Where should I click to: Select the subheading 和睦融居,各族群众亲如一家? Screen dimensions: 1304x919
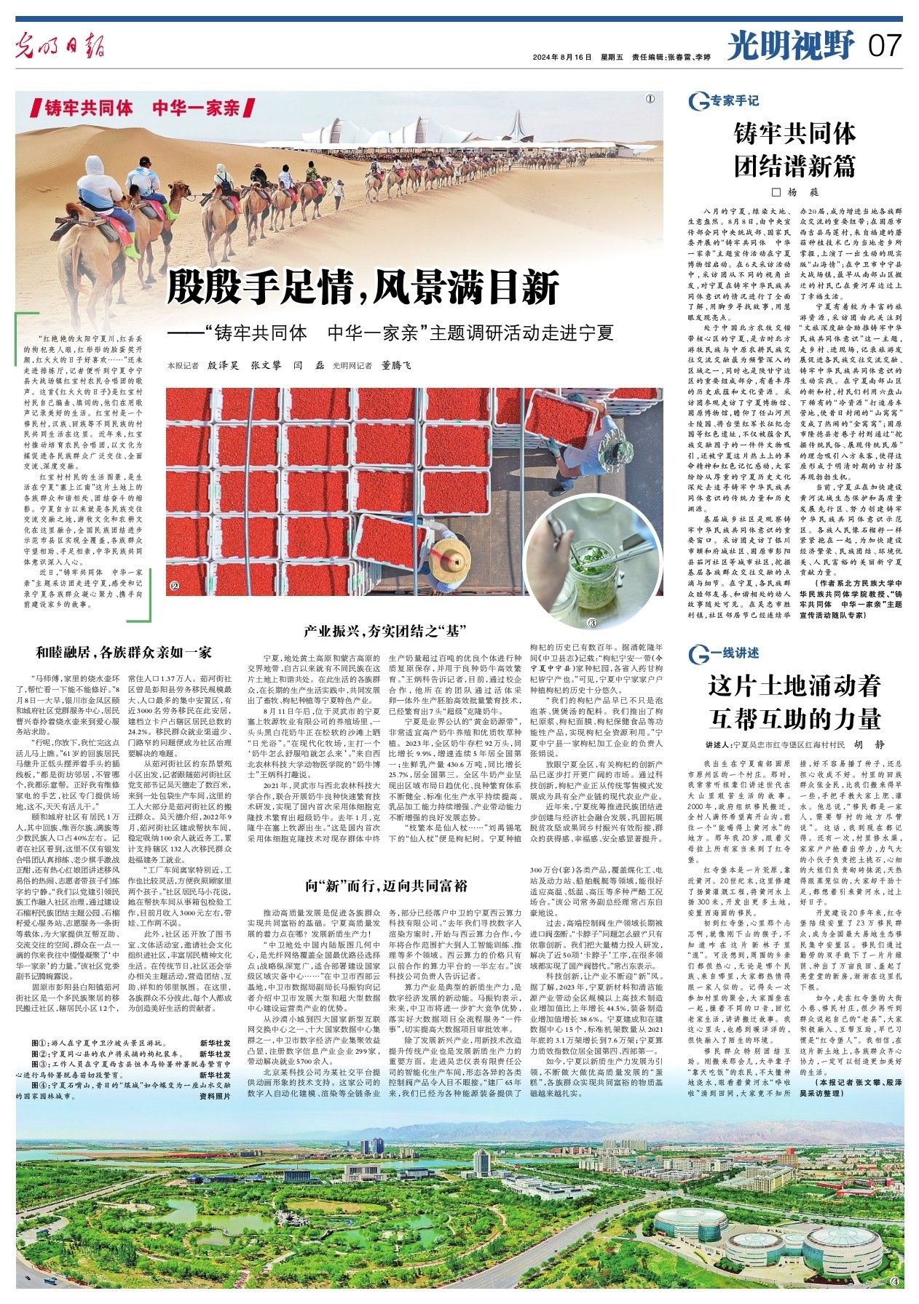pyautogui.click(x=125, y=652)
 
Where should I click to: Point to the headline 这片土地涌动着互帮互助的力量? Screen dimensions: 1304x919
pyautogui.click(x=794, y=701)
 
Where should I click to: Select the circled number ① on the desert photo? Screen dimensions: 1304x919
pyautogui.click(x=649, y=99)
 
